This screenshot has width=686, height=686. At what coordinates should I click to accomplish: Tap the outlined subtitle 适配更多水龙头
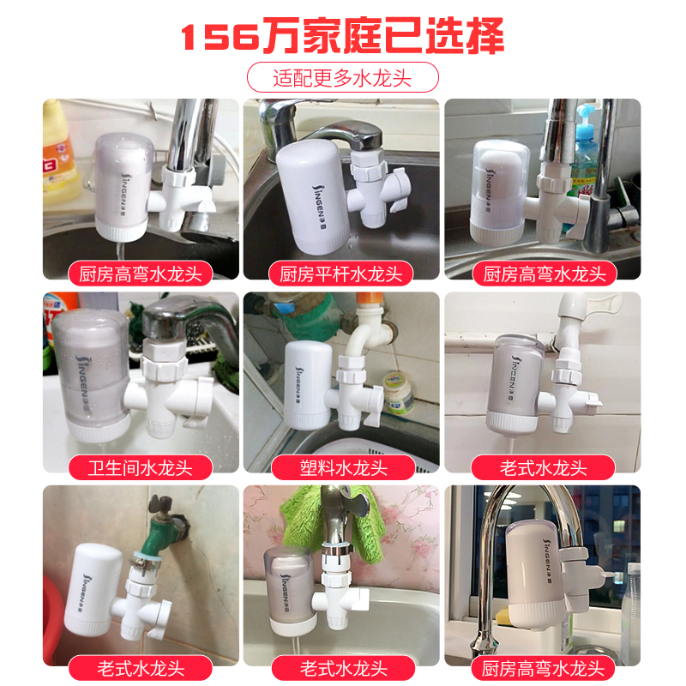click(342, 78)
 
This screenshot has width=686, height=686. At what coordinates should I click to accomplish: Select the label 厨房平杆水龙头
click(340, 274)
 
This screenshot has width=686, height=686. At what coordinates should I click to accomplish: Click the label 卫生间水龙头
click(141, 467)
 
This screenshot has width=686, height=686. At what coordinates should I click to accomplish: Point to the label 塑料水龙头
click(344, 467)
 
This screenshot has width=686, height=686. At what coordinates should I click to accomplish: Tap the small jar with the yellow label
click(397, 393)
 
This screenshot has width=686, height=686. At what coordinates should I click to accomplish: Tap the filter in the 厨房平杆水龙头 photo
click(313, 197)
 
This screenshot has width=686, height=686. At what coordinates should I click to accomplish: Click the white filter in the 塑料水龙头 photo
click(309, 385)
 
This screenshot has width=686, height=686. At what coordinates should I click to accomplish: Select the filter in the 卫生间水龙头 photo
click(92, 376)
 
